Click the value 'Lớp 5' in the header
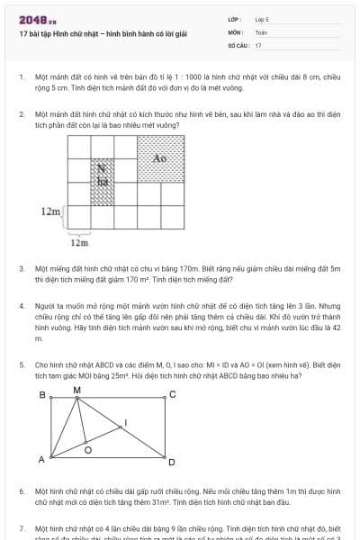[262, 18]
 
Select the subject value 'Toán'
[261, 31]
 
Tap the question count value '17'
[258, 44]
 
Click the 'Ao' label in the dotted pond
[160, 158]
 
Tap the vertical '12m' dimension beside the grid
[50, 212]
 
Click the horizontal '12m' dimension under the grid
[79, 242]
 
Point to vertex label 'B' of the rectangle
[41, 395]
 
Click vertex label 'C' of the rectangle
[172, 395]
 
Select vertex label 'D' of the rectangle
[171, 463]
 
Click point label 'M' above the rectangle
[76, 389]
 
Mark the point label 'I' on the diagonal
[125, 422]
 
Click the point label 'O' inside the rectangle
[87, 447]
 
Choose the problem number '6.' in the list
[22, 491]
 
